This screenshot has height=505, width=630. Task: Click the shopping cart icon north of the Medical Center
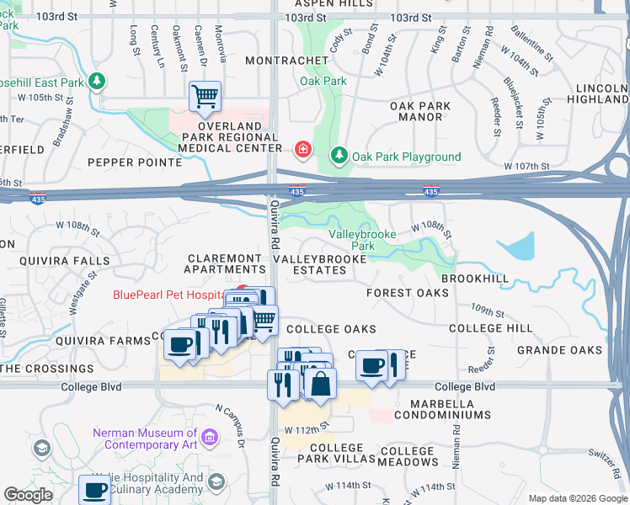click(205, 97)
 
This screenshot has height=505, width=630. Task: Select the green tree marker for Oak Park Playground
click(339, 156)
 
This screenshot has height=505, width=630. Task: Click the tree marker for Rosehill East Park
click(99, 82)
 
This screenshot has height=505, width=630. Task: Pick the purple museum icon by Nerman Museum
click(210, 437)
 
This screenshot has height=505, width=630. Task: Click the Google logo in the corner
click(29, 494)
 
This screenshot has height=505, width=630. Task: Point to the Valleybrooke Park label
click(350, 240)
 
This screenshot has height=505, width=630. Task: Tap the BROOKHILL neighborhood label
click(475, 278)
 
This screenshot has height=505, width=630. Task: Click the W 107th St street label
click(527, 167)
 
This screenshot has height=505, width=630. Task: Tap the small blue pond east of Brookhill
click(521, 245)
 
